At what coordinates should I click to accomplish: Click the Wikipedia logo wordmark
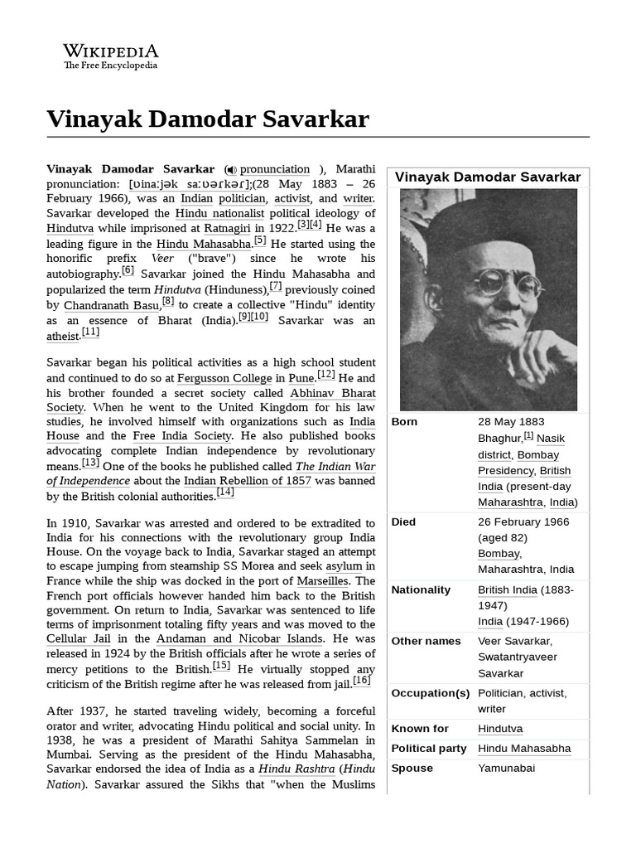111,51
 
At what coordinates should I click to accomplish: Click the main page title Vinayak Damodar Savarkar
208,119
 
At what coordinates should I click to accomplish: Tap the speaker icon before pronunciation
231,170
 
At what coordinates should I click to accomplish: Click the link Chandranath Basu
112,304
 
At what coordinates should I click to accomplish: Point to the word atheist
64,336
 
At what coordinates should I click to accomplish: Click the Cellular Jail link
78,639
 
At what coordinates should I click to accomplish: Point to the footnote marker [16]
362,681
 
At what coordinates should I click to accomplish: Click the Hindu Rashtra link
296,769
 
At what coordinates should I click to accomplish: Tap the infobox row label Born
405,422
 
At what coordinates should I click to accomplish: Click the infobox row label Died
404,522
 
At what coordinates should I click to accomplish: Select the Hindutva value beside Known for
500,729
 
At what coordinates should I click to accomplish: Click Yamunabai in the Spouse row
505,769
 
